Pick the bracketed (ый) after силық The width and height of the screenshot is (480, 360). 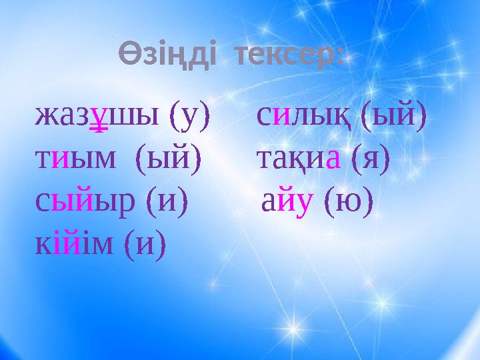(x=394, y=116)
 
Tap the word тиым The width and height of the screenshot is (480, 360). (x=75, y=159)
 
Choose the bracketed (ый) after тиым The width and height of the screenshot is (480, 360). (x=168, y=158)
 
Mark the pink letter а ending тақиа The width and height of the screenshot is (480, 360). (x=333, y=159)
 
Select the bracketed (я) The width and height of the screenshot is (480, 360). (x=371, y=159)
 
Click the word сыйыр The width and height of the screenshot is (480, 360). (x=85, y=202)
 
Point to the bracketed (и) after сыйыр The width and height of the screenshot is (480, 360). (x=167, y=201)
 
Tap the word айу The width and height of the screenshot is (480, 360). (x=287, y=202)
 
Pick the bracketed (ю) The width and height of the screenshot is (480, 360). (x=349, y=201)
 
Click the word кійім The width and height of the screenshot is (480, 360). (x=74, y=244)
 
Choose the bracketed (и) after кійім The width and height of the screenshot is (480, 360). (x=145, y=244)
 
